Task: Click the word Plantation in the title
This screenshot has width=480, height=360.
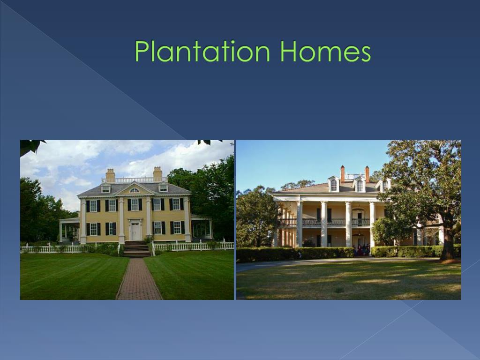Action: [x=202, y=51]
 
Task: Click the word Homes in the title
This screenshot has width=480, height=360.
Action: [x=325, y=51]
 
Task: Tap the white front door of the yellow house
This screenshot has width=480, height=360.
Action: [x=135, y=231]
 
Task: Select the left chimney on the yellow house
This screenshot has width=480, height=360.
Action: [x=110, y=175]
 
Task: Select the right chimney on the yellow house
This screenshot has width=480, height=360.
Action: [x=157, y=174]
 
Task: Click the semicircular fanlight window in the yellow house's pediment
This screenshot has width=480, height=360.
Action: [x=135, y=190]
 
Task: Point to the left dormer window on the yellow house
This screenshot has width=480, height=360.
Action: [x=105, y=188]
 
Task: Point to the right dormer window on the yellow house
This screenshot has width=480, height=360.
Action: [x=163, y=187]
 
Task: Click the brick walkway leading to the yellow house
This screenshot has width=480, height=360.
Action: [x=139, y=279]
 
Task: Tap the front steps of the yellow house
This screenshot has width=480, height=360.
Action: [x=136, y=249]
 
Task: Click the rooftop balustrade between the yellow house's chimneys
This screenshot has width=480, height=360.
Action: [x=134, y=180]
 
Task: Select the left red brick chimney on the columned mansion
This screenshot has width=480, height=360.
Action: [x=343, y=174]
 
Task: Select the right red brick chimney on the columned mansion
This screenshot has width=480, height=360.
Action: [x=367, y=174]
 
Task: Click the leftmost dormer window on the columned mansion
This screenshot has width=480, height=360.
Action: [x=334, y=184]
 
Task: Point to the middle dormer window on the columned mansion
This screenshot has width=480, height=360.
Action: [x=360, y=185]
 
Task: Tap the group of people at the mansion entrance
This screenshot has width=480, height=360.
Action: [x=361, y=249]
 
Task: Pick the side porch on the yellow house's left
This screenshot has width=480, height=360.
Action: [x=69, y=230]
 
